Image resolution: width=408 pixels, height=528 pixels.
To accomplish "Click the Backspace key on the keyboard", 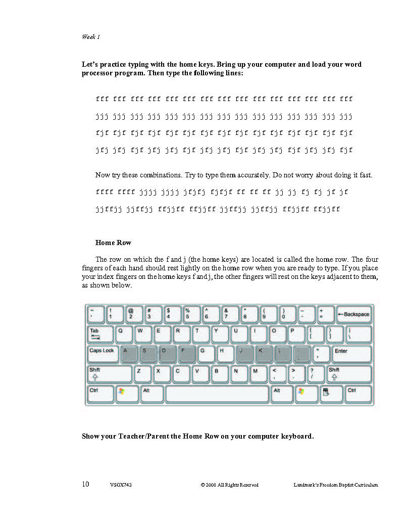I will (x=354, y=314).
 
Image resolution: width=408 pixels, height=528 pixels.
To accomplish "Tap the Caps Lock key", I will (x=103, y=354).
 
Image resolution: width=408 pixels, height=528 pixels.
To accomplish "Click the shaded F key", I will (x=186, y=354).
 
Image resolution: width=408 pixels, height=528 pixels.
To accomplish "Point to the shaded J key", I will (x=245, y=354).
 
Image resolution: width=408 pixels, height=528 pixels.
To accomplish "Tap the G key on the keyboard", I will (x=206, y=354).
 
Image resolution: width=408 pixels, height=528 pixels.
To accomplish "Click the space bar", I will (x=217, y=394).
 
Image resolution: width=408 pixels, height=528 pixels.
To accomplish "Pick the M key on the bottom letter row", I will (x=259, y=374).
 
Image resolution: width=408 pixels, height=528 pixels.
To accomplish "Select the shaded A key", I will (x=129, y=354).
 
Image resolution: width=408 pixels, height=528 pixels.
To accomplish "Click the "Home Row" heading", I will (x=113, y=243).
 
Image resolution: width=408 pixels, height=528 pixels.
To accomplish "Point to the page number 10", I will (x=86, y=484).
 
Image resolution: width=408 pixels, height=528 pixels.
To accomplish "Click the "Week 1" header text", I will (x=91, y=37).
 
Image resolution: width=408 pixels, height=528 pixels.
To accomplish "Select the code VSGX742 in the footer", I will (x=121, y=485).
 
